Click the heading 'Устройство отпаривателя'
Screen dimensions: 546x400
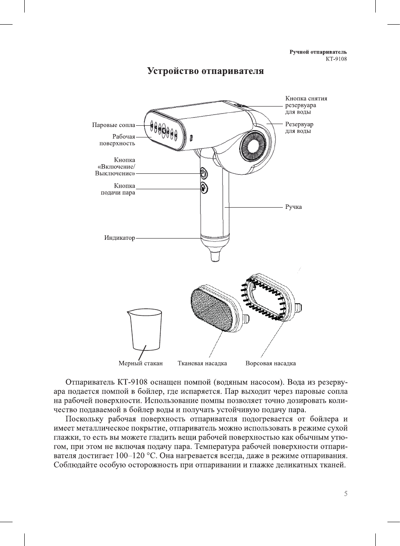(x=205, y=71)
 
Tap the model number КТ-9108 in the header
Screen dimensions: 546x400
(x=336, y=59)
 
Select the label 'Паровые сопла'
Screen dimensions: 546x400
(x=113, y=125)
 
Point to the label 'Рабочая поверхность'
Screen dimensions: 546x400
(x=117, y=140)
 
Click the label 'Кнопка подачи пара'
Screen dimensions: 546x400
(x=118, y=189)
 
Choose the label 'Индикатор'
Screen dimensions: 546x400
(x=120, y=238)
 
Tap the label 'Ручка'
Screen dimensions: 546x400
(x=293, y=207)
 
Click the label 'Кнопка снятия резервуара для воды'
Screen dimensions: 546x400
(x=306, y=105)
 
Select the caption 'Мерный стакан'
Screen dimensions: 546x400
(x=141, y=363)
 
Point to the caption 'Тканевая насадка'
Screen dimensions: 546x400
(x=202, y=363)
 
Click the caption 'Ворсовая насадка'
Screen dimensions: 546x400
(x=270, y=363)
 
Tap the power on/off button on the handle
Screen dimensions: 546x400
(x=203, y=173)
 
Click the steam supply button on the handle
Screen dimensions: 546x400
(x=204, y=188)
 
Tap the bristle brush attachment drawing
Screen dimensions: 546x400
(x=268, y=297)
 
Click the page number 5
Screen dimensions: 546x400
(x=346, y=494)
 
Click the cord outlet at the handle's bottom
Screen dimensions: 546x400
(x=215, y=255)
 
